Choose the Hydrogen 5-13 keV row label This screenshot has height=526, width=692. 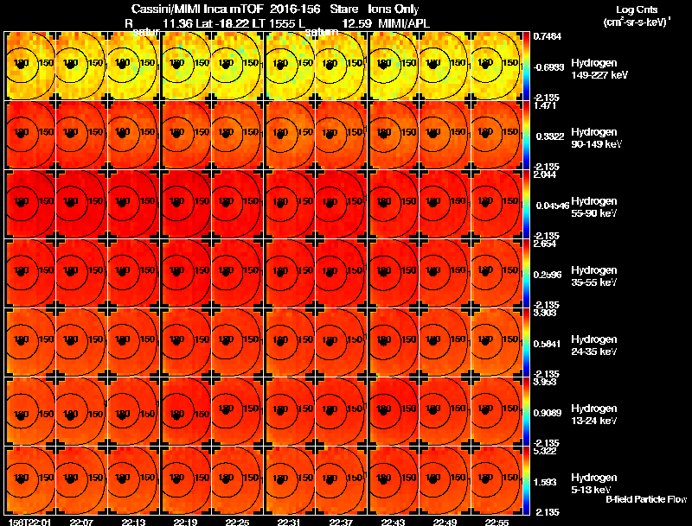point(593,482)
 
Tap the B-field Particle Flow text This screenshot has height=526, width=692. point(645,499)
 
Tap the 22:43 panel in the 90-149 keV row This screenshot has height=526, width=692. point(395,135)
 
